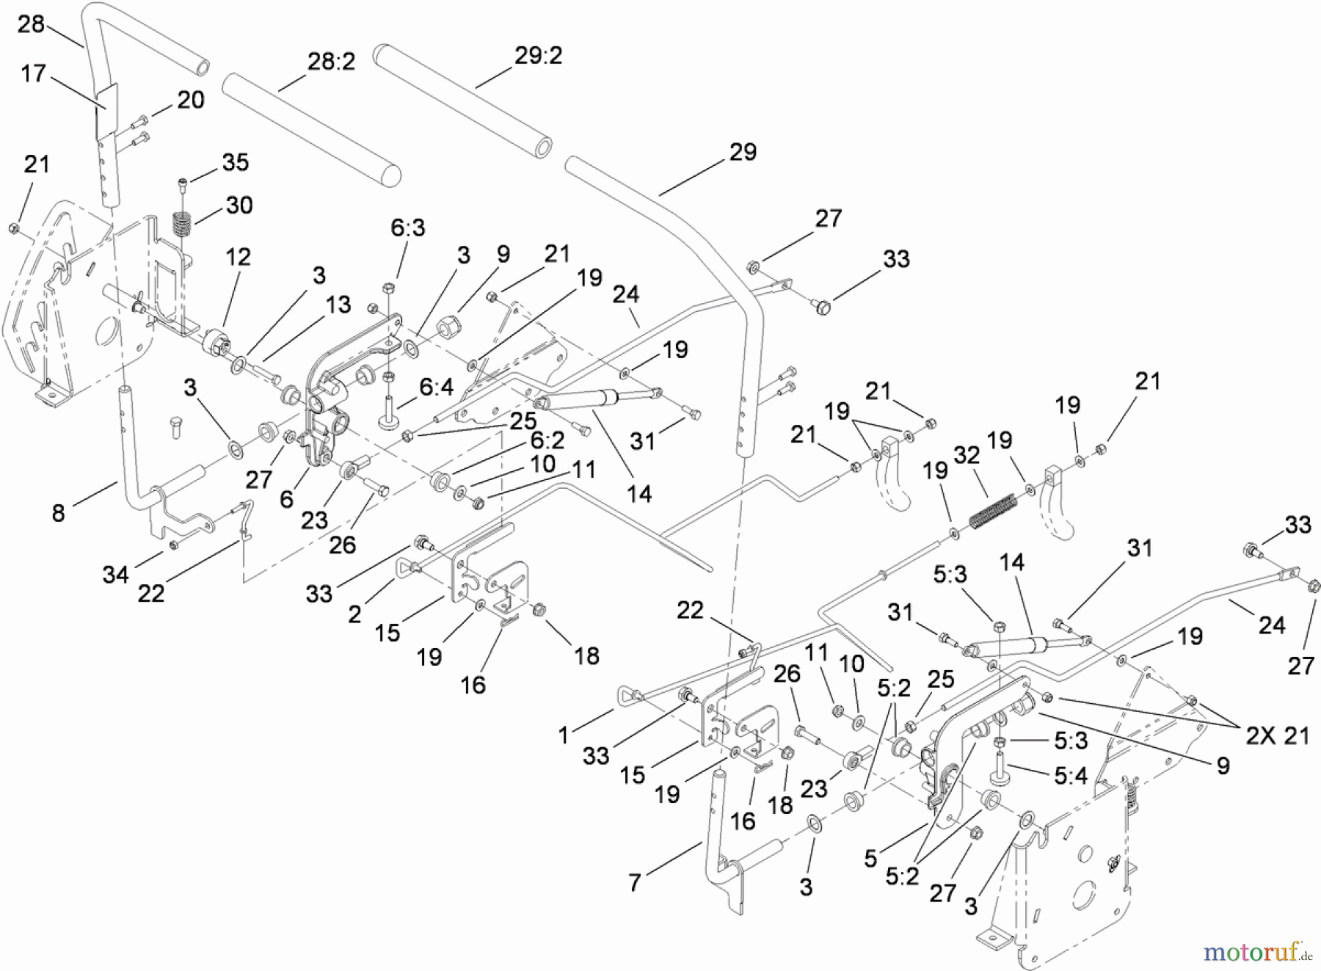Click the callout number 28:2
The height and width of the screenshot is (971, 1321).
(331, 62)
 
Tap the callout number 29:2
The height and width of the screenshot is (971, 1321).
(538, 56)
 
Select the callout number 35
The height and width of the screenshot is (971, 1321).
(235, 162)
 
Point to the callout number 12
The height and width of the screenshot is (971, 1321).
(238, 257)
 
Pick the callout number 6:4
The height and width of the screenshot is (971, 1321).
(436, 386)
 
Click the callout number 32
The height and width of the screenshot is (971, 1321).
(967, 455)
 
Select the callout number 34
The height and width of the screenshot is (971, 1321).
(115, 575)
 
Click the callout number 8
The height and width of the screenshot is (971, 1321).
(58, 513)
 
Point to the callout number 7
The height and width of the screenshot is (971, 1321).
(635, 882)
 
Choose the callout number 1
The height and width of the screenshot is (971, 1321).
(564, 735)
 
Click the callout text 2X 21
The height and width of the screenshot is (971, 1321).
(1278, 735)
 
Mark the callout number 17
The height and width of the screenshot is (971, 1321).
(33, 73)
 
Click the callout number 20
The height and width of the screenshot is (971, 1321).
(191, 100)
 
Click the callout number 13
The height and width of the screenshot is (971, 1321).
(338, 305)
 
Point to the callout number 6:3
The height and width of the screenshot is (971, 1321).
(407, 228)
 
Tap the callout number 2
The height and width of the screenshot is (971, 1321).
(354, 614)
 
